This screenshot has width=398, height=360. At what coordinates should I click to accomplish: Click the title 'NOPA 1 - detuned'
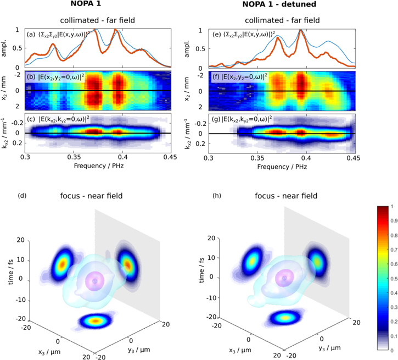282,6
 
